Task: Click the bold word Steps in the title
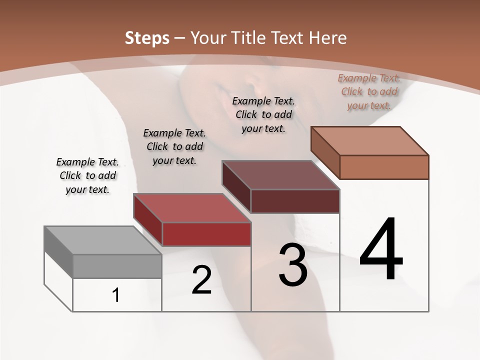pyautogui.click(x=147, y=37)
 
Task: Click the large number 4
pyautogui.click(x=381, y=249)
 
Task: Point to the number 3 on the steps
pyautogui.click(x=293, y=265)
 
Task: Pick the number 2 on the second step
pyautogui.click(x=202, y=280)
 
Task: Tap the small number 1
pyautogui.click(x=116, y=295)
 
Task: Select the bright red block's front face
pyautogui.click(x=206, y=234)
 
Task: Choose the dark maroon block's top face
pyautogui.click(x=280, y=175)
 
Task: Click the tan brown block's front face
pyautogui.click(x=384, y=167)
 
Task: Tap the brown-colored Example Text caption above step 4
pyautogui.click(x=369, y=91)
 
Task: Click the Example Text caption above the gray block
pyautogui.click(x=87, y=175)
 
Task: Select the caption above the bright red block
pyautogui.click(x=174, y=146)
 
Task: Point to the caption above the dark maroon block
pyautogui.click(x=263, y=114)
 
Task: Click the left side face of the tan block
pyautogui.click(x=325, y=152)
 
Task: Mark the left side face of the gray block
pyautogui.click(x=58, y=252)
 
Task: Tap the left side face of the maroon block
pyautogui.click(x=236, y=186)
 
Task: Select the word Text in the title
pyautogui.click(x=291, y=37)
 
